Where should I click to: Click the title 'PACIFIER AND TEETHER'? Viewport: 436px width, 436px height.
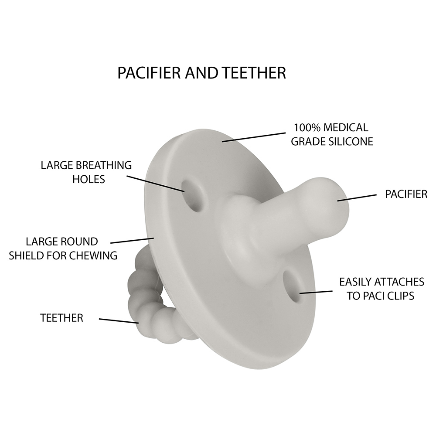(201, 73)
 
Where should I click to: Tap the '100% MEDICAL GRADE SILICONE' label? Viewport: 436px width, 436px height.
(332, 135)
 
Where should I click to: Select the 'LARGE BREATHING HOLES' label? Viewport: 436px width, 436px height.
(86, 172)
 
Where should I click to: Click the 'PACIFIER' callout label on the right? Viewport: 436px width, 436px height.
(406, 194)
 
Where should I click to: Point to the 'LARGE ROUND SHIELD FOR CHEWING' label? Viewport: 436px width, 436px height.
(63, 249)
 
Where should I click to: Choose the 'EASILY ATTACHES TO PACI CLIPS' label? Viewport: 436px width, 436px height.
(381, 289)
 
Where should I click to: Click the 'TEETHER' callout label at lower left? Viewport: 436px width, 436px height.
(62, 318)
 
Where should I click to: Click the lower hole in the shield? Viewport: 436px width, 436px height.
(293, 287)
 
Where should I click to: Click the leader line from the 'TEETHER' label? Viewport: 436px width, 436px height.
(119, 321)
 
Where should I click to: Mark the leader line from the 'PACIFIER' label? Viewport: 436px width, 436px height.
(357, 198)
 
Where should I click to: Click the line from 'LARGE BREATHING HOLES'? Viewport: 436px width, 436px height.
(156, 183)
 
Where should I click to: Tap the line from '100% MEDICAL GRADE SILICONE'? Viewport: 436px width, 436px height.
(254, 137)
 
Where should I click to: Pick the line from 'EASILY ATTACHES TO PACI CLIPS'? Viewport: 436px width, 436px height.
(316, 292)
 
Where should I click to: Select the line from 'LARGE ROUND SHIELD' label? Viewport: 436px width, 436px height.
(132, 241)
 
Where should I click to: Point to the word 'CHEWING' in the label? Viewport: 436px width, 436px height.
(93, 255)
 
